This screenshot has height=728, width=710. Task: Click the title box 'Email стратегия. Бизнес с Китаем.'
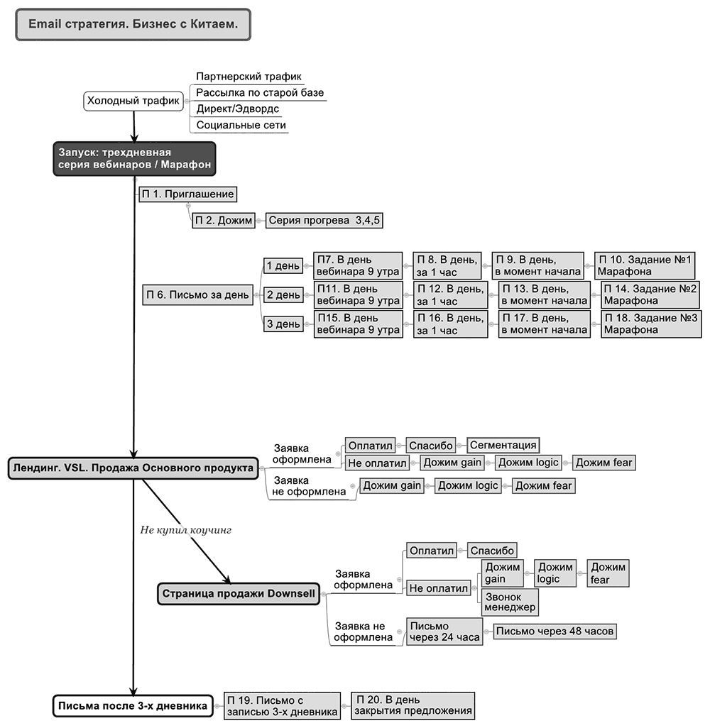point(133,24)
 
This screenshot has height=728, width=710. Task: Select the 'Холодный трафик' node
point(133,101)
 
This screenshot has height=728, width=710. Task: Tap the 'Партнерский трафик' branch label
point(248,77)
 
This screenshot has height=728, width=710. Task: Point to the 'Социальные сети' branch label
point(241,125)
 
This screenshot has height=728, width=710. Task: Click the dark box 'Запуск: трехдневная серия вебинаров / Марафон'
point(135,159)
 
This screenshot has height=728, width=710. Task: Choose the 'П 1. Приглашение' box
point(187,194)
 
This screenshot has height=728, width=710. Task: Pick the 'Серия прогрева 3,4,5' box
point(324,221)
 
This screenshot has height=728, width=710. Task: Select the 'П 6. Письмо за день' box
point(198,295)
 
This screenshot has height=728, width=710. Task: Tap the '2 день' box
point(283,295)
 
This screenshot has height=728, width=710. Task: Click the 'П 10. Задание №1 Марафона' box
point(645,265)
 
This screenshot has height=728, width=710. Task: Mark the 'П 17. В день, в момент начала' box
point(545,324)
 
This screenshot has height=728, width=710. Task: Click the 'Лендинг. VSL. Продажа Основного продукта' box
point(133,468)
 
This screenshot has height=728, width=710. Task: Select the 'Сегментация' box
point(503,446)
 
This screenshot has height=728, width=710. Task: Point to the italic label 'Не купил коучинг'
point(186,530)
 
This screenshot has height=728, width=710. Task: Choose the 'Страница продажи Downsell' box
point(239,594)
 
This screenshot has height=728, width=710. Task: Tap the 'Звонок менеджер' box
point(510,602)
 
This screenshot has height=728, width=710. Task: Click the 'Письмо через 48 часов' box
point(555,632)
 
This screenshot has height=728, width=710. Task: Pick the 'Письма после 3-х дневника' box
point(133,706)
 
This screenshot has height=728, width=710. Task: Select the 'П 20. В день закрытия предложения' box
point(413,706)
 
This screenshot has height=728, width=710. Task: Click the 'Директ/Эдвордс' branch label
point(238,109)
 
